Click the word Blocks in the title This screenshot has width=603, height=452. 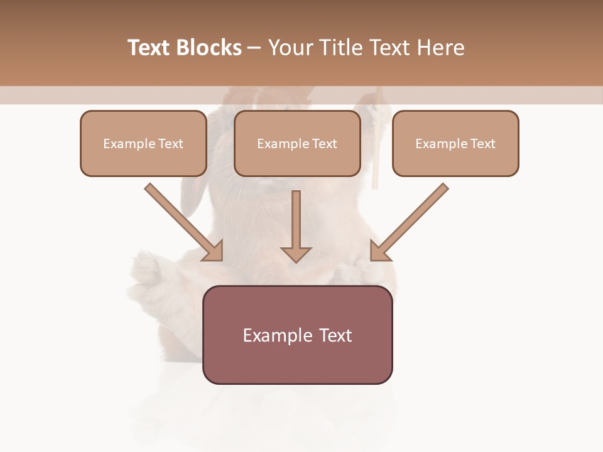click(209, 48)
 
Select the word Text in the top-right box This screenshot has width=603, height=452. click(482, 144)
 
